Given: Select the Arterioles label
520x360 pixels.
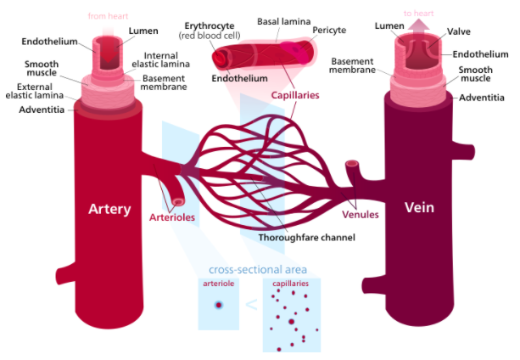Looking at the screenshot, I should click(x=172, y=218).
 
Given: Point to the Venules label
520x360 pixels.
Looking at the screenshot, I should click(x=361, y=214).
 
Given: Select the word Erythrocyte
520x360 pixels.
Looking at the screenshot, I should click(x=210, y=26).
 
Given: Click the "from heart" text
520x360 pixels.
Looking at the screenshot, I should click(x=109, y=15).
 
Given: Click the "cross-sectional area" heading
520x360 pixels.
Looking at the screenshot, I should click(x=257, y=270).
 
